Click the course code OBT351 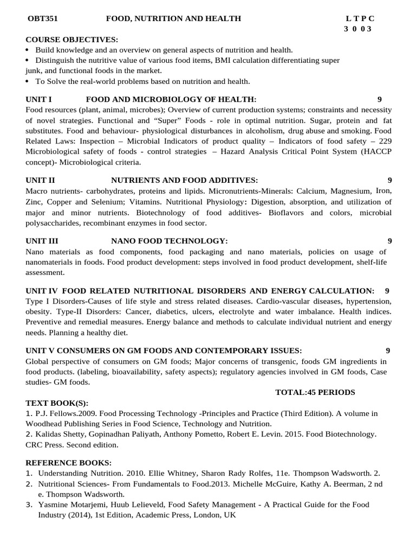(x=43, y=18)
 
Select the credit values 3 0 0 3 (x=358, y=29)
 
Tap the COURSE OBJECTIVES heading (x=71, y=40)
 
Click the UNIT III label (x=42, y=241)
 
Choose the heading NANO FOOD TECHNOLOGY (x=170, y=241)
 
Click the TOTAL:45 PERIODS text (x=315, y=392)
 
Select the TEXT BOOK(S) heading (x=57, y=403)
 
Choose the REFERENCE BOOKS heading (x=68, y=463)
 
